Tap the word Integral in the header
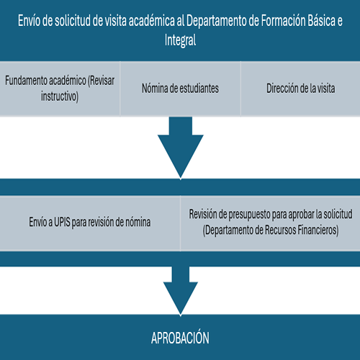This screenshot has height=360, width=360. pos(180,41)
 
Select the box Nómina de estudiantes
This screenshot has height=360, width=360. pos(180,89)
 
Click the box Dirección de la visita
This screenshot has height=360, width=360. pos(300,89)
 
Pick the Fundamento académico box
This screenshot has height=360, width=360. pos(60,89)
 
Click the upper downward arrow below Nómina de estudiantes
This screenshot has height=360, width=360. pos(180,148)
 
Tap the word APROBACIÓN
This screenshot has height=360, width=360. pos(180,337)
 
